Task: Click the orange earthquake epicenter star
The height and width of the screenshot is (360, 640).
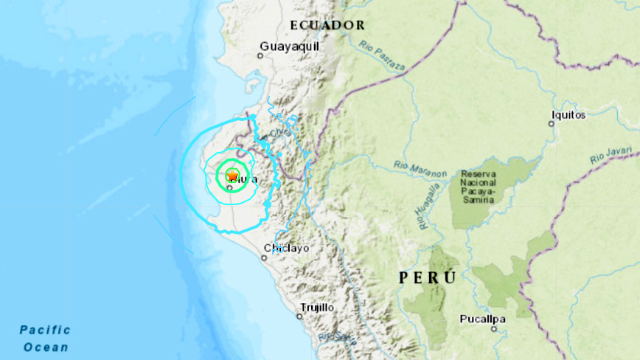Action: point(232,175)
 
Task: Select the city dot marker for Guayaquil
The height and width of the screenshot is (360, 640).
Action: point(261,55)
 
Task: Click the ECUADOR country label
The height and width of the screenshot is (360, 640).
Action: point(327,25)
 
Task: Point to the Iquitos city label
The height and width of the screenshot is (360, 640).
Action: point(568,114)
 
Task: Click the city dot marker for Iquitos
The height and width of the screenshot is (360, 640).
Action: point(551,124)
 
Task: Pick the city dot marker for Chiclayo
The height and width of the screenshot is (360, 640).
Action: point(265,257)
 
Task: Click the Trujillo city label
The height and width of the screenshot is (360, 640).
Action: point(318,307)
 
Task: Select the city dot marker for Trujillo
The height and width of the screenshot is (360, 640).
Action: point(299,316)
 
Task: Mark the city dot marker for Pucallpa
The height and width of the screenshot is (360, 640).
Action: point(493,328)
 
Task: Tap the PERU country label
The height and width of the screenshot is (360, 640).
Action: point(428,277)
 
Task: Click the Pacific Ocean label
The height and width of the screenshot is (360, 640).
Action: point(45,339)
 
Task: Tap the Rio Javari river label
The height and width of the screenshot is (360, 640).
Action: point(611,156)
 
